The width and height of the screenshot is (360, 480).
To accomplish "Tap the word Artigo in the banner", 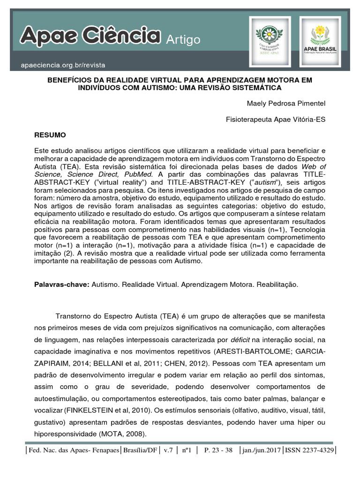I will pyautogui.click(x=183, y=40).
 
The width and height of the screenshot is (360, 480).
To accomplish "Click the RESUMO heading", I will pyautogui.click(x=51, y=135).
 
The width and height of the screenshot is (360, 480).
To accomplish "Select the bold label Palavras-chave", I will pyautogui.click(x=62, y=285).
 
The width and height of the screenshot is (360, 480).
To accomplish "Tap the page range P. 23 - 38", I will pyautogui.click(x=218, y=450).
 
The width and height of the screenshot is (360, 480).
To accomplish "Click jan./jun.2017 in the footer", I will pyautogui.click(x=261, y=450).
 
